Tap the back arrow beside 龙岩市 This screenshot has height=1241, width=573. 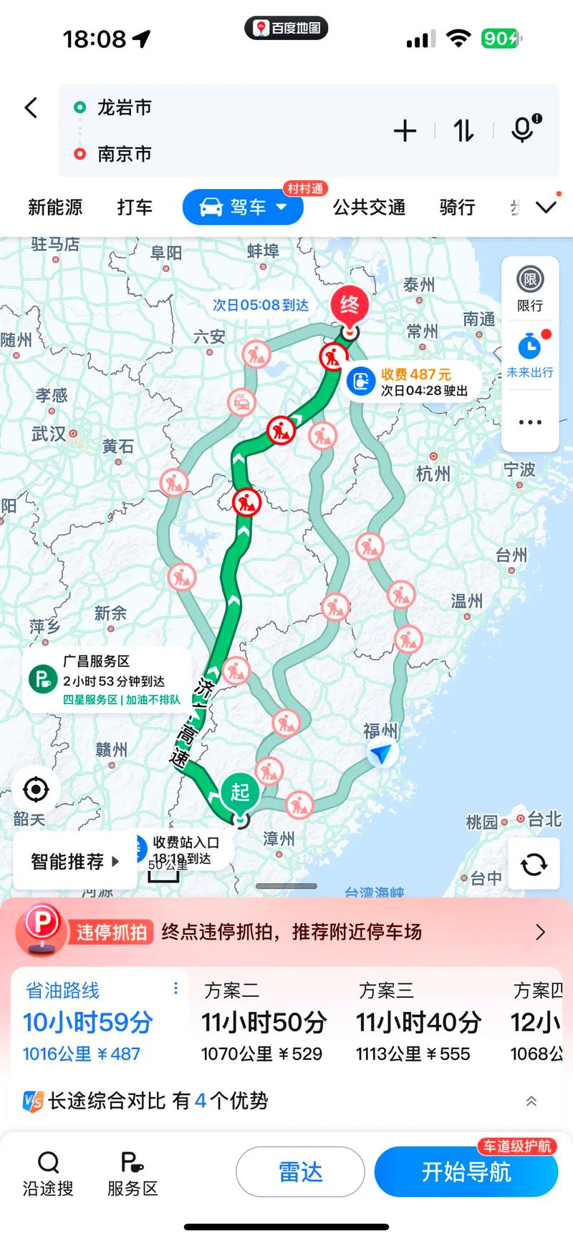click(x=31, y=108)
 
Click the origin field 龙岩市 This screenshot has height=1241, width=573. click(x=125, y=108)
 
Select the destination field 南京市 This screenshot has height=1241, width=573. click(x=125, y=154)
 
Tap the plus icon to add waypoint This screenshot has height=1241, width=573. click(x=405, y=131)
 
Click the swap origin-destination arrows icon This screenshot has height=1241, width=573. click(x=463, y=131)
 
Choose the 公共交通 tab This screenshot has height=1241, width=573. click(x=369, y=208)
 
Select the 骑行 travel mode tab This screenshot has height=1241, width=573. click(x=457, y=208)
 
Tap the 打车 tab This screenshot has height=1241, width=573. click(x=135, y=208)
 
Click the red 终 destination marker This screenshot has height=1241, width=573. click(x=350, y=306)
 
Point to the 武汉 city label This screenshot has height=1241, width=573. click(x=49, y=434)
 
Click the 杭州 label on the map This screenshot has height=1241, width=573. click(x=433, y=473)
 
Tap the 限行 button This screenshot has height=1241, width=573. click(x=530, y=288)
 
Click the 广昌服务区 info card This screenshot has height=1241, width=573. click(x=107, y=680)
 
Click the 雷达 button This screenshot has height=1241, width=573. click(x=300, y=1172)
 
